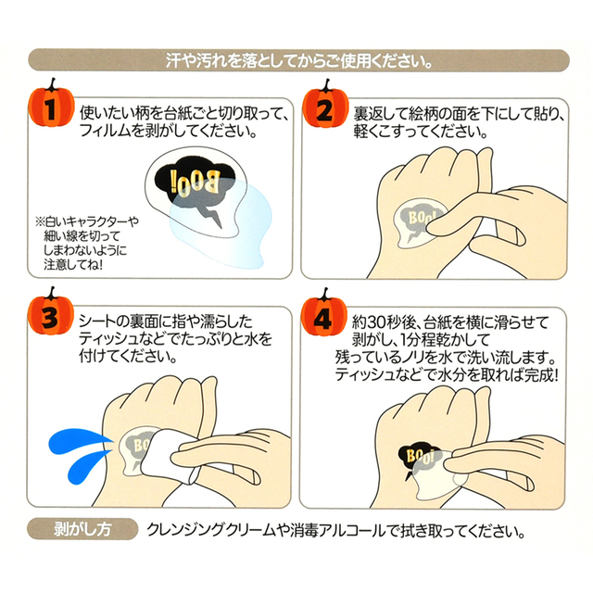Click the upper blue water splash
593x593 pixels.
coord(79,440)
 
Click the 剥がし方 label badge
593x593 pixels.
coord(82,529)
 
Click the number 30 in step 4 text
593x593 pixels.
coord(377,323)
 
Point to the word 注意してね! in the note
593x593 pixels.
coord(73,264)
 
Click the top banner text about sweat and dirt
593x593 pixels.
coord(298,60)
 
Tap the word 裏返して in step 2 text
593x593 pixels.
coord(381,113)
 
